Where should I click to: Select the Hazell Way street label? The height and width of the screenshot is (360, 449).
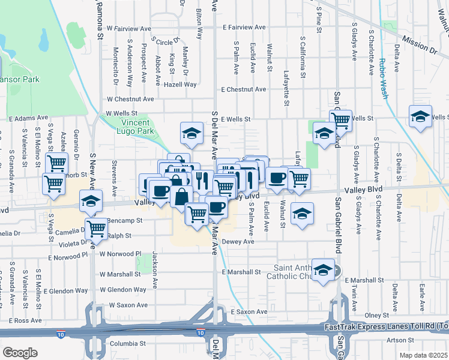(180, 85)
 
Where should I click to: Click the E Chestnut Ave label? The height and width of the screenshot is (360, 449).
(243, 89)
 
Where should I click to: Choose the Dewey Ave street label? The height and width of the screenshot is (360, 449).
(238, 242)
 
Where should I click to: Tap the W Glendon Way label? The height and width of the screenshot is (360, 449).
(123, 290)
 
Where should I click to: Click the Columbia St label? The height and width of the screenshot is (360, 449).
(128, 344)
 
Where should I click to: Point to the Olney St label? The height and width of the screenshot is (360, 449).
(377, 315)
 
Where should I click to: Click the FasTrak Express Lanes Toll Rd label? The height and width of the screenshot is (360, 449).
(384, 327)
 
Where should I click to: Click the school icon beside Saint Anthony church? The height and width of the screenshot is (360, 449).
(324, 271)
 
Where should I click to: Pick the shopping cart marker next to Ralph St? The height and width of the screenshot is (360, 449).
(96, 228)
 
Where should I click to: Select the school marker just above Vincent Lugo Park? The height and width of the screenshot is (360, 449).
(191, 133)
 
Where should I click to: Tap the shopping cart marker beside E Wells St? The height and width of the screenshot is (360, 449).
(341, 120)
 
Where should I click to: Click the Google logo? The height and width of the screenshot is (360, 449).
(20, 353)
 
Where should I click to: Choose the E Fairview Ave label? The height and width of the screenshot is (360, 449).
(244, 28)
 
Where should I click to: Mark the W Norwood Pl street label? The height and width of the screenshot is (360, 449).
(120, 254)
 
